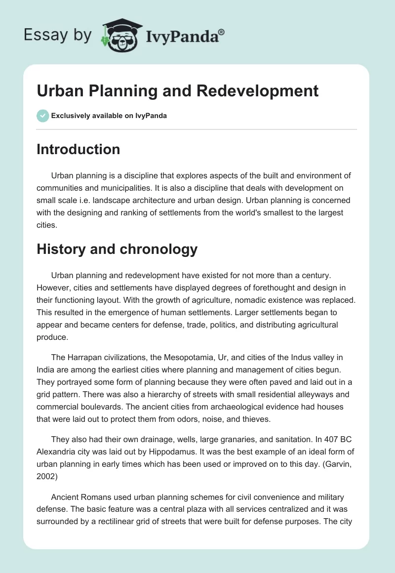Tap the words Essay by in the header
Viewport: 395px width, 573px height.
point(58,35)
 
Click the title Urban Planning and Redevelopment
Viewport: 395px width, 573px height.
point(178,91)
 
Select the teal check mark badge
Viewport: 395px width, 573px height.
point(42,116)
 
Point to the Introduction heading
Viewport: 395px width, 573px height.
point(78,149)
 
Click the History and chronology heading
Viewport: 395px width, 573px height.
point(117,249)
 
